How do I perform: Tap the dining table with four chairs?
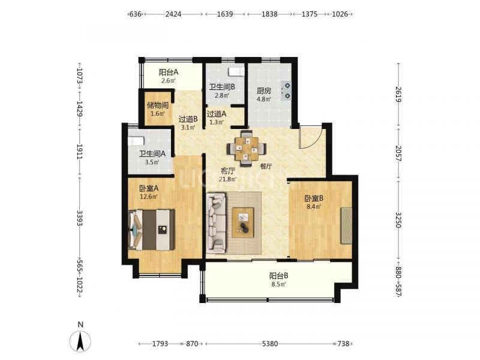coord(247,148)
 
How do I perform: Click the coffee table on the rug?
coord(243,223)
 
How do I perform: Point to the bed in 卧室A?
coord(152,230)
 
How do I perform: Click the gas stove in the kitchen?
coord(286,91)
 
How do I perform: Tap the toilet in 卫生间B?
coord(236,71)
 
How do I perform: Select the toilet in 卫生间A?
coord(136,141)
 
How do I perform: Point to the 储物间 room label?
coord(158,106)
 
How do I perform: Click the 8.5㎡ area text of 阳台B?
coord(278,284)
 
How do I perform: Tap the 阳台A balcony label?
coord(169,73)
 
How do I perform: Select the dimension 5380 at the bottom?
coord(270,344)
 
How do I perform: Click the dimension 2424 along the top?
coord(173,14)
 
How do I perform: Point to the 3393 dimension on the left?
coord(80,218)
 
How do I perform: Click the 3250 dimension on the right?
coord(398,220)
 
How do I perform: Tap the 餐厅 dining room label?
coord(266,166)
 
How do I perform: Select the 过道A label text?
coord(217,114)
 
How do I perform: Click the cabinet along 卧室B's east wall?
coord(347,226)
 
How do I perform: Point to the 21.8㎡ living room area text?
coord(228,179)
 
